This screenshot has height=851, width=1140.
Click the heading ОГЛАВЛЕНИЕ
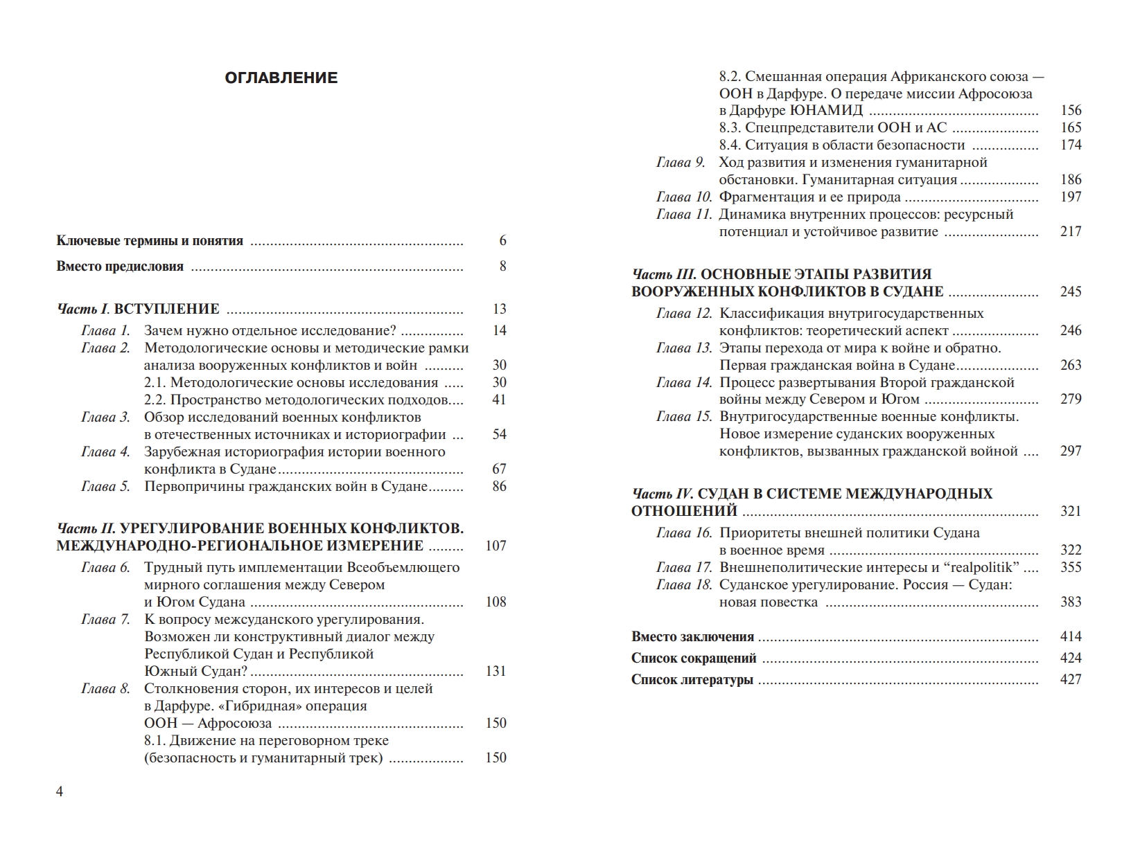pyautogui.click(x=281, y=78)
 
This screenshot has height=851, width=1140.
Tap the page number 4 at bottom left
pyautogui.click(x=60, y=791)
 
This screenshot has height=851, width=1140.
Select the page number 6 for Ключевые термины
pyautogui.click(x=502, y=241)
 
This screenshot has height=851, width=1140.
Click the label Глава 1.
pyautogui.click(x=105, y=330)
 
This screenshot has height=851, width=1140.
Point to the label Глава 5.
pyautogui.click(x=105, y=486)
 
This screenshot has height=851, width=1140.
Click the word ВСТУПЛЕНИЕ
pyautogui.click(x=166, y=309)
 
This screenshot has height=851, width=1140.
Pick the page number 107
pyautogui.click(x=496, y=546)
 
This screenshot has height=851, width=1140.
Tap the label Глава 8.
pyautogui.click(x=105, y=688)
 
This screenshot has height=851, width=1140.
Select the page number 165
pyautogui.click(x=1070, y=127)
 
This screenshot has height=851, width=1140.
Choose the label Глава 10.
pyautogui.click(x=683, y=197)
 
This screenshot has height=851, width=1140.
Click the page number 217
pyautogui.click(x=1070, y=231)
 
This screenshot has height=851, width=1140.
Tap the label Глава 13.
pyautogui.click(x=683, y=348)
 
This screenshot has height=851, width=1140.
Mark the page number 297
pyautogui.click(x=1070, y=451)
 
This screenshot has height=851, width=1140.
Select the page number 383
pyautogui.click(x=1070, y=602)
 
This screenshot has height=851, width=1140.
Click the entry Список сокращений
pyautogui.click(x=694, y=658)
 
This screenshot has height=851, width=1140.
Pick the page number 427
pyautogui.click(x=1070, y=679)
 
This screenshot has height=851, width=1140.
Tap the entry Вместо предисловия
pyautogui.click(x=120, y=267)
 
